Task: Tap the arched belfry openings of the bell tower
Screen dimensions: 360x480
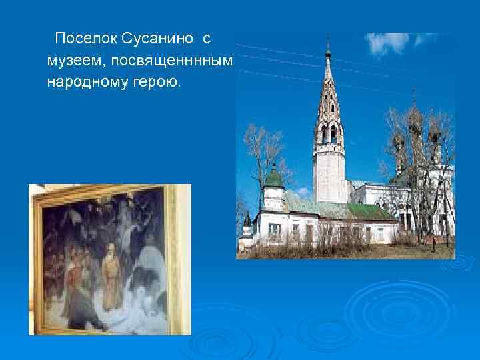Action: [329, 133]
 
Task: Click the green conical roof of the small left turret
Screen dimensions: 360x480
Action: [273, 177]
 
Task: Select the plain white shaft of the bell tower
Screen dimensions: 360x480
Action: [329, 173]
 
